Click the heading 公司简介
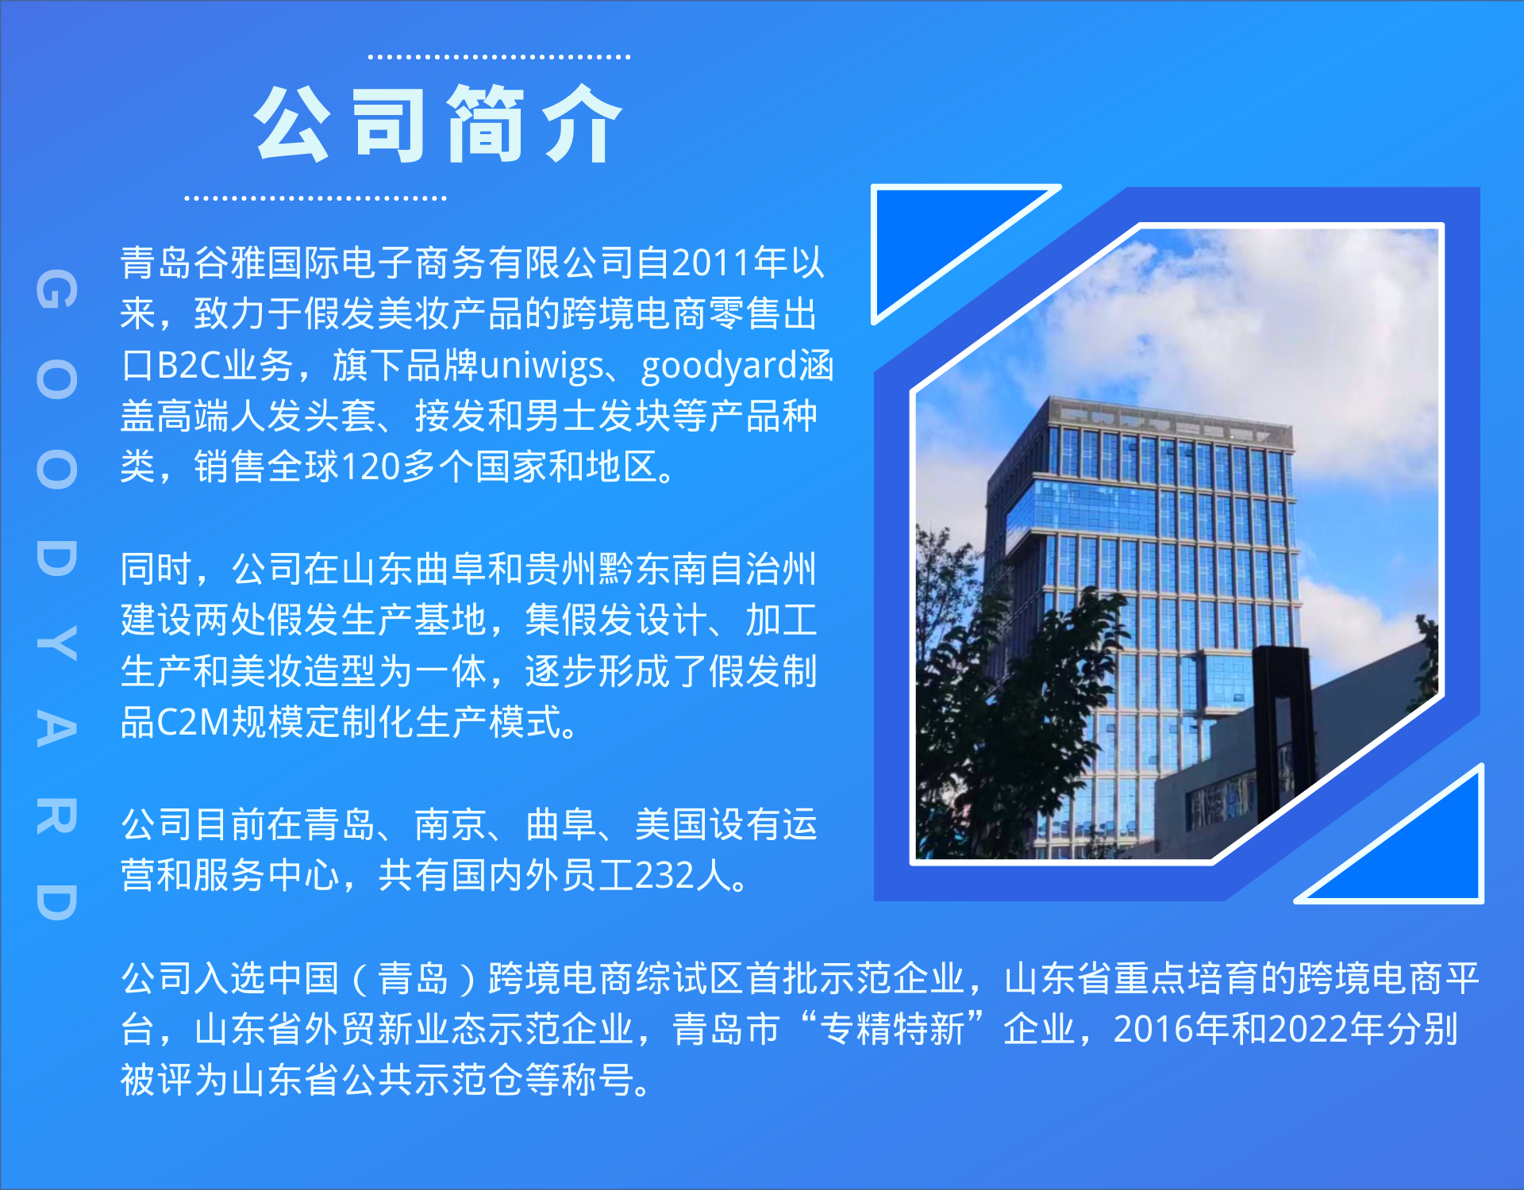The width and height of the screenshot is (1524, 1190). click(438, 125)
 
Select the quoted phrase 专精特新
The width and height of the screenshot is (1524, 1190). click(892, 1029)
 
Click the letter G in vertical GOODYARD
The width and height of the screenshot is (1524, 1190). click(56, 289)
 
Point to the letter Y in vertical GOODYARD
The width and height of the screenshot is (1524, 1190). click(56, 644)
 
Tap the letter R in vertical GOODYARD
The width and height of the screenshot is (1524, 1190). click(56, 816)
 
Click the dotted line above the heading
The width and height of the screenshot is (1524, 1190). click(499, 57)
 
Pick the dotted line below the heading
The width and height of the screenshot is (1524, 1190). click(315, 198)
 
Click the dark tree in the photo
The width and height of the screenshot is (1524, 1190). click(1000, 714)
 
